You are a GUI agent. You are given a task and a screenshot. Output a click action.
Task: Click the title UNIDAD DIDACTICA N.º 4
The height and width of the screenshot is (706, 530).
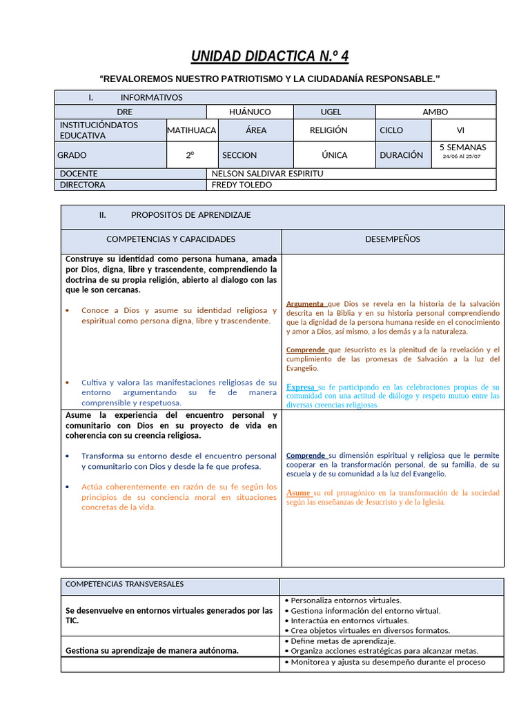click(x=264, y=56)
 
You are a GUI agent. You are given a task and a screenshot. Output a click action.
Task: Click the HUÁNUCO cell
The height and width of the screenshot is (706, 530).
click(x=250, y=112)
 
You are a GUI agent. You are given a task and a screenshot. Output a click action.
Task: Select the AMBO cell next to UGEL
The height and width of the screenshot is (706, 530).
click(x=435, y=112)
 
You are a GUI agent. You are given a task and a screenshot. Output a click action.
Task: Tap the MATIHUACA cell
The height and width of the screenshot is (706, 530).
click(x=192, y=130)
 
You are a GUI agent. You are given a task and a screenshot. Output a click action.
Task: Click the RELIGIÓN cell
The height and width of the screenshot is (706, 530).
click(x=328, y=130)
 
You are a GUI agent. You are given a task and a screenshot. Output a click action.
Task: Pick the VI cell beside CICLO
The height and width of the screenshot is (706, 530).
click(x=460, y=130)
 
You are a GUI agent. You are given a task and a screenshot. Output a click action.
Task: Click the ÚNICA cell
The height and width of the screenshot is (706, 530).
click(x=335, y=156)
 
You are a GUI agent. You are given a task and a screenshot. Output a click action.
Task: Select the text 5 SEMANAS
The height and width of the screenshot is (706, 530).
click(x=462, y=148)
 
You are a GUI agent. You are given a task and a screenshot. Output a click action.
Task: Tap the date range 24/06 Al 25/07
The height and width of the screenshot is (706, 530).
click(x=462, y=157)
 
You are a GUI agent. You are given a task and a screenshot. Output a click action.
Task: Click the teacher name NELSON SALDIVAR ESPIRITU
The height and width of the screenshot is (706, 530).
click(x=267, y=174)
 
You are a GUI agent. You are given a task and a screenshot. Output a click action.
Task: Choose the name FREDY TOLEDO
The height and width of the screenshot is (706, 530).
click(x=242, y=185)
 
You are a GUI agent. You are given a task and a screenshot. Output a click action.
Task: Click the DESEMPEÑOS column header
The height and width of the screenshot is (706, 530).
click(x=393, y=239)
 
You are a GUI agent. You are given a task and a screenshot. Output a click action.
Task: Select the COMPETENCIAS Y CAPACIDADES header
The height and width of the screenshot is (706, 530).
click(x=170, y=239)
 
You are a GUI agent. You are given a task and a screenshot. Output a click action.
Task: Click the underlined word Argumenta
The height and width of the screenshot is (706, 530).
click(x=305, y=304)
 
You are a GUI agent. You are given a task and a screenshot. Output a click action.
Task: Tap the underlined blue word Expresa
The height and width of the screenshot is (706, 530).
click(x=300, y=387)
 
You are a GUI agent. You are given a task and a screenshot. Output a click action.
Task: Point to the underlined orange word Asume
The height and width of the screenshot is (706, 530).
click(x=299, y=493)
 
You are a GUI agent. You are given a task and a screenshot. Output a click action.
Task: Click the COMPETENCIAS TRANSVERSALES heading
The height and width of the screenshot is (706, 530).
click(x=124, y=584)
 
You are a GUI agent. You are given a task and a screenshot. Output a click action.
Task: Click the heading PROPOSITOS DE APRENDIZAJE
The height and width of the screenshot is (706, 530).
click(x=191, y=215)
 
